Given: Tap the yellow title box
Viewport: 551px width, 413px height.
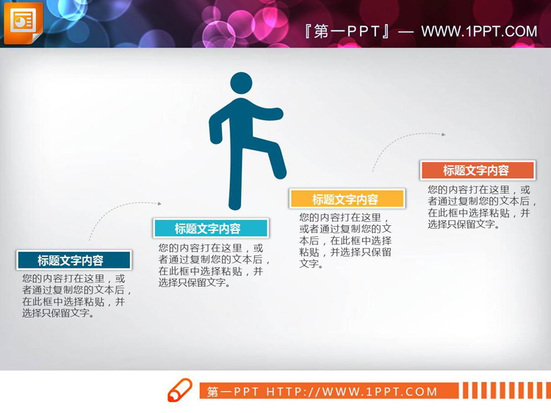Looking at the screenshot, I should point(347,199).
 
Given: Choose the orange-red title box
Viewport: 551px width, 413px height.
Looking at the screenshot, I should point(476,170).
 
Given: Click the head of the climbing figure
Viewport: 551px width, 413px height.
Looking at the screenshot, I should point(241,84).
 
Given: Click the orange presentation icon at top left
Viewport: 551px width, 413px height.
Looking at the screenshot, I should point(23,23).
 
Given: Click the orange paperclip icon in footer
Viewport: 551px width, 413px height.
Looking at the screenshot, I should point(179,390).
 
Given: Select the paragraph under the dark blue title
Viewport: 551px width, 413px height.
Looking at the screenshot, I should point(73,296).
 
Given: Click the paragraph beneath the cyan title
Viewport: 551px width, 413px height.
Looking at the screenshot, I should point(213,265).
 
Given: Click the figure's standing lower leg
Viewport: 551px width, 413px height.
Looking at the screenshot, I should point(235,183).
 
